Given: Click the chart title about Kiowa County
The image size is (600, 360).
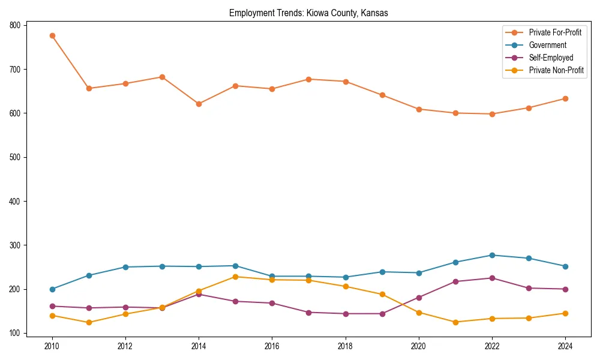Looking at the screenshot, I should (x=308, y=13).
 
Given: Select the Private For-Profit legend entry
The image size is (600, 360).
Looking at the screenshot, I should (x=555, y=32).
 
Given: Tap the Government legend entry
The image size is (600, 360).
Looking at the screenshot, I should (x=547, y=45).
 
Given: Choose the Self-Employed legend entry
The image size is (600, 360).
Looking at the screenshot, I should (x=551, y=58).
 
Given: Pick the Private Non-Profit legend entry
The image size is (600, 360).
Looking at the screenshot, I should (x=556, y=70).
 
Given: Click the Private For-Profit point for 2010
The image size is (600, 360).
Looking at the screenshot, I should (x=52, y=35).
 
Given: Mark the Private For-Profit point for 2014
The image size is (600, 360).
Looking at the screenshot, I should (x=199, y=104).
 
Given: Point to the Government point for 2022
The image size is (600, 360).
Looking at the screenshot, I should (x=492, y=255).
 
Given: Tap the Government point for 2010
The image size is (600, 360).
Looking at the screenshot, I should (x=52, y=289).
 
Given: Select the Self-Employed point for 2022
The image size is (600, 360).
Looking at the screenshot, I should (x=492, y=278).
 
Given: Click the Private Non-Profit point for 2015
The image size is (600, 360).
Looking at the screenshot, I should (x=235, y=277).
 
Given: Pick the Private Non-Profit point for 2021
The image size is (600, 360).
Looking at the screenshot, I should (x=455, y=322).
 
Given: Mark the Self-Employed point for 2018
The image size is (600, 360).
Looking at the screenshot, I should (x=346, y=314).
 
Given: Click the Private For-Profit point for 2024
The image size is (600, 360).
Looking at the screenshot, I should (x=565, y=98).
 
